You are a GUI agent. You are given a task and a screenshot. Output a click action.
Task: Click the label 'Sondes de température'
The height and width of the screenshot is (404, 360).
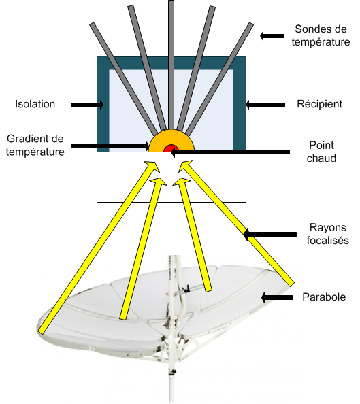click(321, 35)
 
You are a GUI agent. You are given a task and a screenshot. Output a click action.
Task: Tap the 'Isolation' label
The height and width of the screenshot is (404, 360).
click(35, 104)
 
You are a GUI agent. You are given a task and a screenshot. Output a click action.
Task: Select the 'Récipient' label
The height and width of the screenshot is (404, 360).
click(320, 104)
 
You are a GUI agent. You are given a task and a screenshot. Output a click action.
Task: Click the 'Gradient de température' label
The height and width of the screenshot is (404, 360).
click(35, 145)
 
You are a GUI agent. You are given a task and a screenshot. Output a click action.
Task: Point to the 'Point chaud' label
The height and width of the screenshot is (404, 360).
click(321, 152)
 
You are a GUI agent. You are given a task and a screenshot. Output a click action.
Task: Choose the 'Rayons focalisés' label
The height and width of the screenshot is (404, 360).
click(327, 234)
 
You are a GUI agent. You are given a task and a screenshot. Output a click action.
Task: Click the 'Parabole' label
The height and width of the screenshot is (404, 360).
click(324, 297)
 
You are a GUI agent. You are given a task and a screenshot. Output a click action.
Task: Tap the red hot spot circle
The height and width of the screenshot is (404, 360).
click(171, 148)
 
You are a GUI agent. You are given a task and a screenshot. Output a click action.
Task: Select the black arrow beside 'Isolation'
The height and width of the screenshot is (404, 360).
click(87, 105)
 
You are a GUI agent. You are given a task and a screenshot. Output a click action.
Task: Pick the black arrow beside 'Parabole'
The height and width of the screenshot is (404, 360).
click(277, 298)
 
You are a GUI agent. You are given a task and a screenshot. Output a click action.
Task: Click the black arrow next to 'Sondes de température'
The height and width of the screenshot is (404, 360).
click(272, 36)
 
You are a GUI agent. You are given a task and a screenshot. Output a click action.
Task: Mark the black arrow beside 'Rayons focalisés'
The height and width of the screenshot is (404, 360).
click(270, 235)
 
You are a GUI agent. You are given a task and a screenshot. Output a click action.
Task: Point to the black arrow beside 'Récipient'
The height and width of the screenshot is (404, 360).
click(265, 105)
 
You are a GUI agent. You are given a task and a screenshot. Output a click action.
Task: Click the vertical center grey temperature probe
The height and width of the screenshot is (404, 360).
click(171, 65)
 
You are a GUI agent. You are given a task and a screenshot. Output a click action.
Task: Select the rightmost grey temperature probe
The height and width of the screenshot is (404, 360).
click(219, 79)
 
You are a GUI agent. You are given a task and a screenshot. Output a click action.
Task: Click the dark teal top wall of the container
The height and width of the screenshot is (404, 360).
click(171, 63)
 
